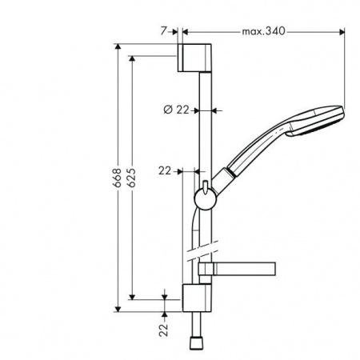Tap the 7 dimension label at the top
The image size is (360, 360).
163,31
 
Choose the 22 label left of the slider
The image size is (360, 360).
165,170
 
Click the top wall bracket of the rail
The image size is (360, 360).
196,58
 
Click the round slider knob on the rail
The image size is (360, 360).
204,199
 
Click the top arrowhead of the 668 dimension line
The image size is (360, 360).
118,49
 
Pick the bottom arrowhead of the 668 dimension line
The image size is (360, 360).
118,307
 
